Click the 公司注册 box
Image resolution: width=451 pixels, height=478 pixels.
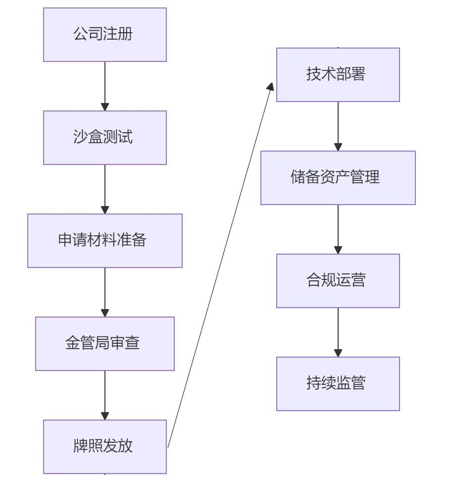point(105,35)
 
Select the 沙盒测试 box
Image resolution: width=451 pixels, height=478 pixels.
point(105,137)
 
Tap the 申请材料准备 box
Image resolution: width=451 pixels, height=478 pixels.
point(105,241)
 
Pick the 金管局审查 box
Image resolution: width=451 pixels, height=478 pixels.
point(105,343)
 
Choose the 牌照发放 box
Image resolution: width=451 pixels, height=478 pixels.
point(105,446)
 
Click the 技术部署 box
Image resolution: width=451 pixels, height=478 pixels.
point(338,75)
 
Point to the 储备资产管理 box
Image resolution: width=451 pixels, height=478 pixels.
point(338,177)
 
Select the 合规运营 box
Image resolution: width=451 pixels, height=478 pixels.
point(338,281)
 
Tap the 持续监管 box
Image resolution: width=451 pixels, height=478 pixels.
point(338,383)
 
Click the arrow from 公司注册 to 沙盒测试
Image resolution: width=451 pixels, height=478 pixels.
point(105,84)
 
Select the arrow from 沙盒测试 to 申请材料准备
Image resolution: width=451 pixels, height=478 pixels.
point(105,187)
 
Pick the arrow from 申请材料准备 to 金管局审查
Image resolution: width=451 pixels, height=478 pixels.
point(105,290)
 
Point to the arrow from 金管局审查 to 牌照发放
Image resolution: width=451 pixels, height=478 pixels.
point(105,393)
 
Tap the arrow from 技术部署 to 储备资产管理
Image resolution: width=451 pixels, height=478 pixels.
point(338,125)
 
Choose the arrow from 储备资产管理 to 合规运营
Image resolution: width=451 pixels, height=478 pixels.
point(338,228)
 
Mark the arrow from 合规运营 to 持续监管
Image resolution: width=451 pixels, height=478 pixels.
point(338,331)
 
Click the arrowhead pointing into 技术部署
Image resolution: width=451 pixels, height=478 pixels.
point(271,87)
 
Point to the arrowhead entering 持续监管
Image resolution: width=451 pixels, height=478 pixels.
point(338,353)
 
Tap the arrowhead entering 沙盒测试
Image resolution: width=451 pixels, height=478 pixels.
point(105,106)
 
